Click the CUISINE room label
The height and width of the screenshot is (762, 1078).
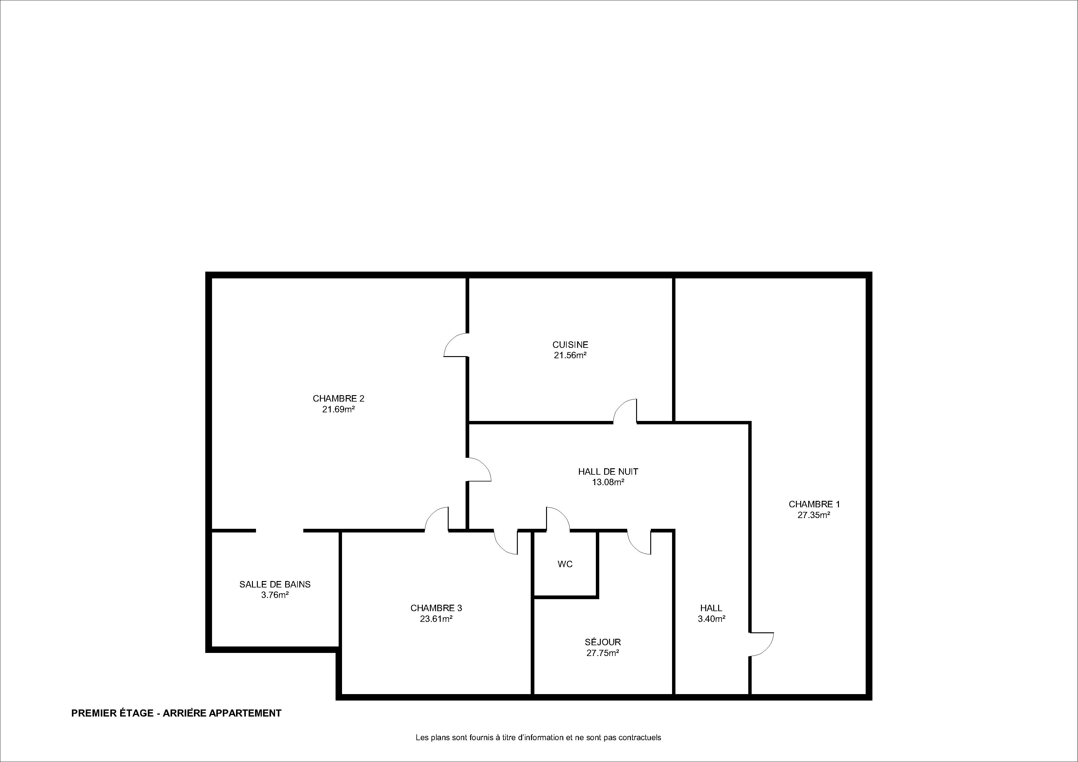click(x=570, y=345)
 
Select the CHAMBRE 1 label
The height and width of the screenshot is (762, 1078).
click(x=814, y=504)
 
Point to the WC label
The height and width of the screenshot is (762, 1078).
click(x=565, y=564)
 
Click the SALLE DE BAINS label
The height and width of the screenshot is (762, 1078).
click(x=275, y=584)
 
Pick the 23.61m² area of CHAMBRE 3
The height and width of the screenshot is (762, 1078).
click(x=436, y=619)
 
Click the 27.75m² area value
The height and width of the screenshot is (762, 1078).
click(x=603, y=653)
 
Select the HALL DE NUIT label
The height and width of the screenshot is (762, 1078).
click(x=608, y=471)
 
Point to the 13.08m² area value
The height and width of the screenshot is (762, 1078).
click(x=608, y=482)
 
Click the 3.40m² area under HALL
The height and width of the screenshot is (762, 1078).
click(x=712, y=619)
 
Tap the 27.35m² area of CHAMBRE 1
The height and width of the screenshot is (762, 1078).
click(x=814, y=515)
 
